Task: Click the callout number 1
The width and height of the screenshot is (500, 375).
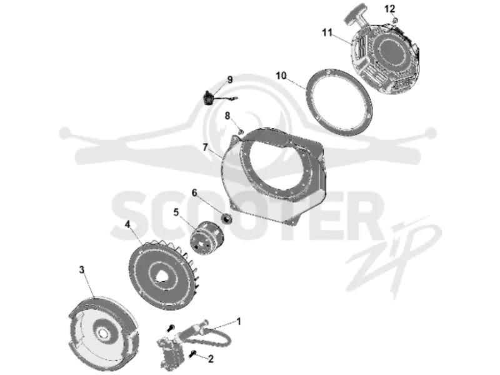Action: pyautogui.click(x=239, y=321)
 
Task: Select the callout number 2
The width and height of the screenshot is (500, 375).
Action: pyautogui.click(x=211, y=359)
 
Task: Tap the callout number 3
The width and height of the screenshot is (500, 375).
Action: pyautogui.click(x=82, y=270)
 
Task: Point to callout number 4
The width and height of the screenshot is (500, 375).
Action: pyautogui.click(x=127, y=224)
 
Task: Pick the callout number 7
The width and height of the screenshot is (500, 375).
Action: pyautogui.click(x=206, y=147)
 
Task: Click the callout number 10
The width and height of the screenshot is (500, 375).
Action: pyautogui.click(x=281, y=76)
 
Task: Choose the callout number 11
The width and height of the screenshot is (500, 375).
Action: pyautogui.click(x=327, y=32)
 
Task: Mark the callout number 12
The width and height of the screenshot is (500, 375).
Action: pyautogui.click(x=389, y=9)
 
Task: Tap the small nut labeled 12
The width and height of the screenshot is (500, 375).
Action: pyautogui.click(x=395, y=21)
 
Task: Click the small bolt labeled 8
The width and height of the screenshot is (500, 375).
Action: pyautogui.click(x=241, y=131)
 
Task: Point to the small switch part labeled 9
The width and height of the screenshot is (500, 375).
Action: pyautogui.click(x=209, y=97)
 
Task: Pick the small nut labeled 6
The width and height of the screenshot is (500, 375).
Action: pyautogui.click(x=226, y=219)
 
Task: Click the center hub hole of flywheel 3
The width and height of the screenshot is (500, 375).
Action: pyautogui.click(x=103, y=333)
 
